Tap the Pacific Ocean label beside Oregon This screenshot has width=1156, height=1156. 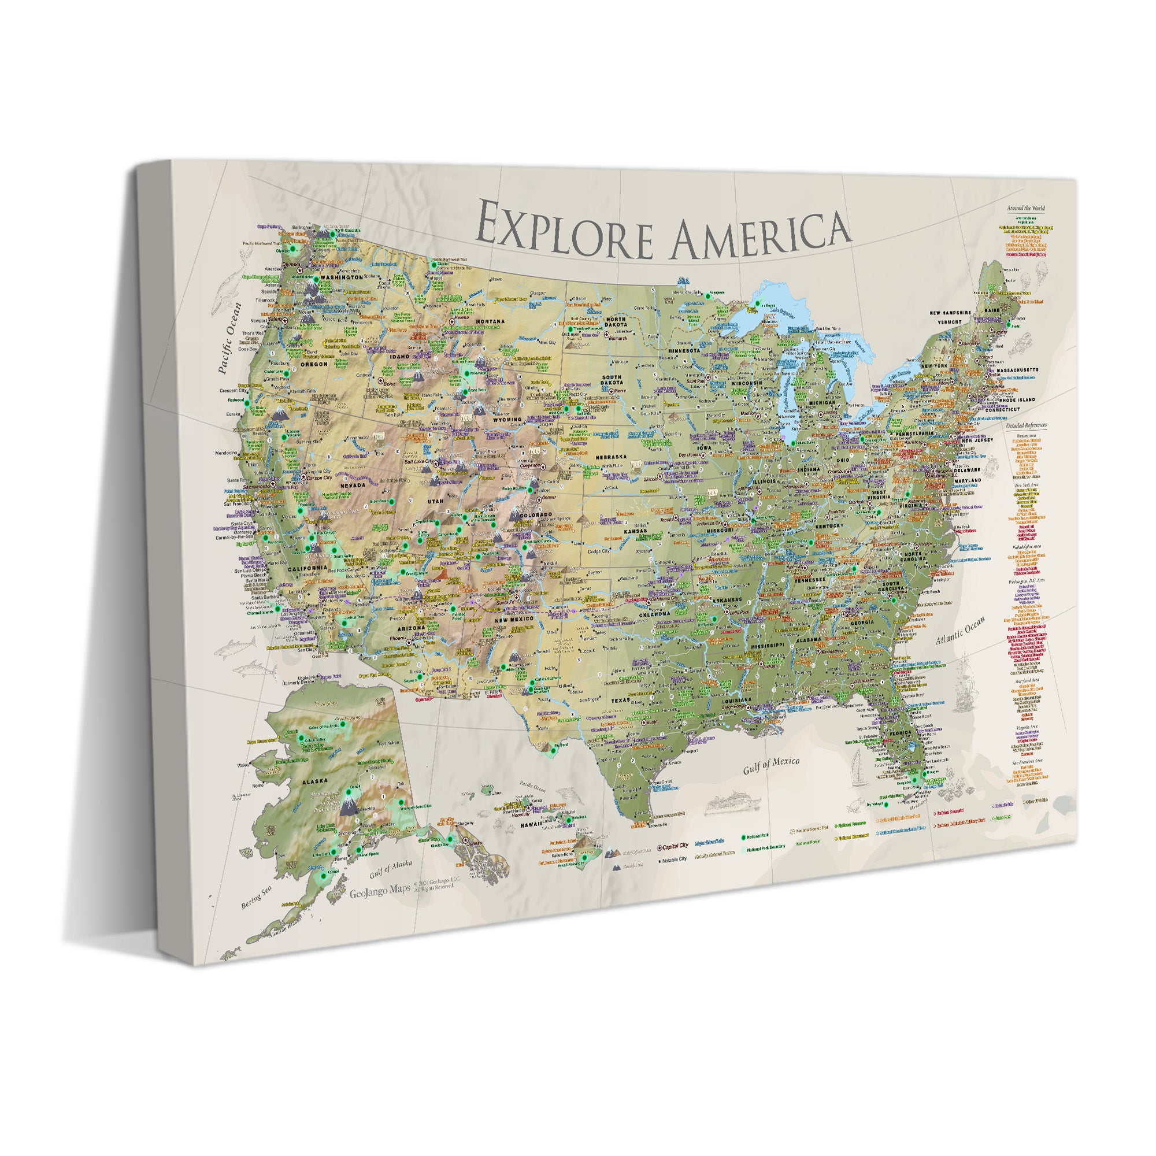[230, 338]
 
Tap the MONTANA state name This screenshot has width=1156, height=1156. [490, 321]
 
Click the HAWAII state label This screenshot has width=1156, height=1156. [530, 824]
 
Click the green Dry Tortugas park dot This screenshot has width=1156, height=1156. [886, 805]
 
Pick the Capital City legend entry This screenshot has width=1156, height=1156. [675, 846]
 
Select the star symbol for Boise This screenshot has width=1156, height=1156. [381, 380]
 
